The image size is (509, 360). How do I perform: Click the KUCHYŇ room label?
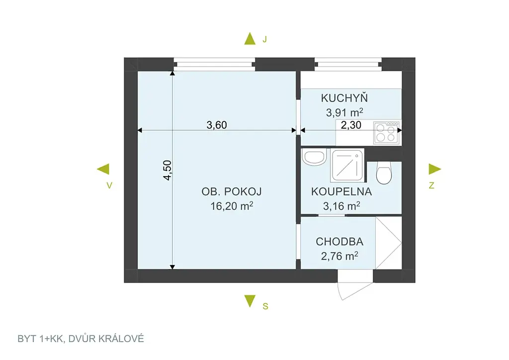pyautogui.click(x=344, y=97)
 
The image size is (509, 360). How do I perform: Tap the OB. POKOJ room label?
pyautogui.click(x=232, y=191)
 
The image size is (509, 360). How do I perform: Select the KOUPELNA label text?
pyautogui.click(x=341, y=191)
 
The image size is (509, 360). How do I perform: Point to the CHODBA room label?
pyautogui.click(x=339, y=242)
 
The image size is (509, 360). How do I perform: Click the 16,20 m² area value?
pyautogui.click(x=232, y=206)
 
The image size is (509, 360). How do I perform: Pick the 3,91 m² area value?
pyautogui.click(x=344, y=112)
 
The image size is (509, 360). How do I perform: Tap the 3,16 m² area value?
pyautogui.click(x=341, y=206)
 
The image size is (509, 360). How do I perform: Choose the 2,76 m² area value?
pyautogui.click(x=339, y=256)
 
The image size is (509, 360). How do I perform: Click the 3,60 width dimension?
pyautogui.click(x=217, y=125)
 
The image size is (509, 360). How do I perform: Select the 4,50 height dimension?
pyautogui.click(x=167, y=170)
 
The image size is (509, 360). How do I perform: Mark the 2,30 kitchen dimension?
pyautogui.click(x=351, y=125)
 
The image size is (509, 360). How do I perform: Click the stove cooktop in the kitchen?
pyautogui.click(x=386, y=132)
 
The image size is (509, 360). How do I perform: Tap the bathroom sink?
pyautogui.click(x=314, y=157)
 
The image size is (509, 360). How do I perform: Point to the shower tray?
pyautogui.click(x=347, y=165)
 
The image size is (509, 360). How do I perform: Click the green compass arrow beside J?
pyautogui.click(x=250, y=38)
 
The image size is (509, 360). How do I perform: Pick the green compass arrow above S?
pyautogui.click(x=250, y=301)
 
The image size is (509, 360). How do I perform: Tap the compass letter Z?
pyautogui.click(x=431, y=185)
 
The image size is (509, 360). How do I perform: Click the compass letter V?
pyautogui.click(x=109, y=185)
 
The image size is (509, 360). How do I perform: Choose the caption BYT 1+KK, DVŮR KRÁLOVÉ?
pyautogui.click(x=81, y=339)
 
